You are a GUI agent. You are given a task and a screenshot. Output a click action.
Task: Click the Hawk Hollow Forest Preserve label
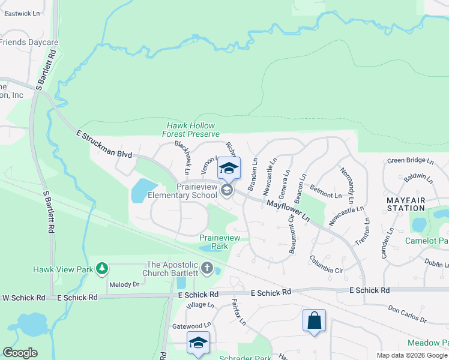(x=191, y=130)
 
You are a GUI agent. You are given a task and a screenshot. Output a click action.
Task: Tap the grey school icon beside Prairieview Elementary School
(x=226, y=191)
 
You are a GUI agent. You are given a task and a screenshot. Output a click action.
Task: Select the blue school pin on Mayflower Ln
(x=229, y=168)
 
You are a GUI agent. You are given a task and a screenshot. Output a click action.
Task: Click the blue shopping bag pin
(x=314, y=321)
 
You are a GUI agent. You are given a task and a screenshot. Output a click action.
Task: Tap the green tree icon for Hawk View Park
(x=102, y=268)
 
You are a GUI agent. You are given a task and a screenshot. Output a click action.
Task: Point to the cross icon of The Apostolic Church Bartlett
(x=207, y=268)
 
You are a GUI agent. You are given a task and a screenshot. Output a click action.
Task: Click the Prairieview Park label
(x=219, y=242)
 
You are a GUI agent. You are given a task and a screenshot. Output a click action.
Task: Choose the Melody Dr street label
(x=124, y=284)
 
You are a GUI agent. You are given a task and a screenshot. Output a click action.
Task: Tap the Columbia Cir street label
(x=326, y=265)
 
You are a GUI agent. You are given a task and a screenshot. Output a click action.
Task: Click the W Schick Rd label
(x=24, y=298)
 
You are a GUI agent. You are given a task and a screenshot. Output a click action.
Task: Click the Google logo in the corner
(x=20, y=353)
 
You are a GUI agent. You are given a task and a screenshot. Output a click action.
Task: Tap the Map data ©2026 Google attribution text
(x=411, y=355)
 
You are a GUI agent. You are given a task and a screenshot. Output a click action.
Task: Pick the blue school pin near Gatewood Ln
(x=198, y=343)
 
